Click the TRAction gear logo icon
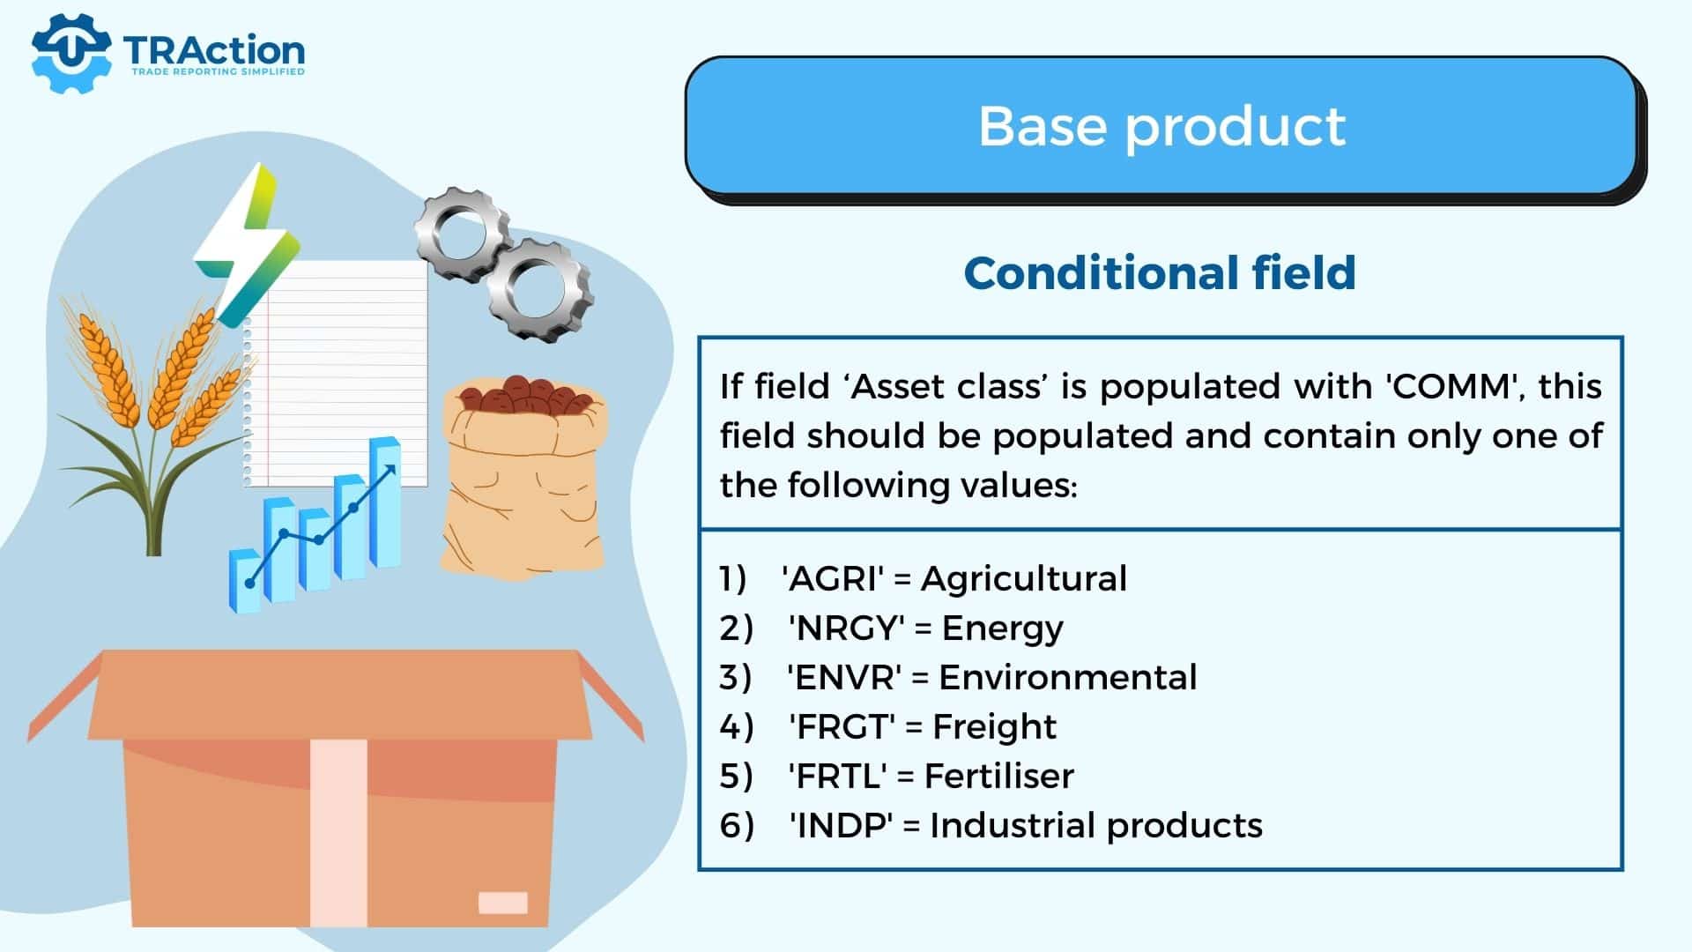coord(70,53)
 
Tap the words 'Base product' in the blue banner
coord(1161,126)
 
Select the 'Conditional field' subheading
coord(1160,272)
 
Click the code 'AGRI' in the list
coord(832,579)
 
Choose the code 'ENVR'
coord(843,678)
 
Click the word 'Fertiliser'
coord(999,777)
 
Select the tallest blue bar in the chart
coord(385,502)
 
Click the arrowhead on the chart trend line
coord(389,471)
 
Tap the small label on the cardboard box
coord(503,903)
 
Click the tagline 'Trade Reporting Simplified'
coord(218,71)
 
